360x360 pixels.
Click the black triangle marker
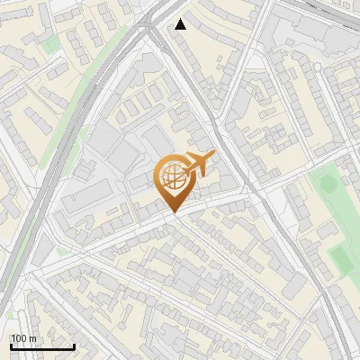point(181,24)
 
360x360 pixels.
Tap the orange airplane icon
point(198,165)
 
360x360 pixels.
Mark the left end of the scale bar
point(11,346)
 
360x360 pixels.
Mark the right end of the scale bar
point(74,346)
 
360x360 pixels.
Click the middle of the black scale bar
point(42,346)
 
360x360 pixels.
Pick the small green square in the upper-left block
point(51,43)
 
